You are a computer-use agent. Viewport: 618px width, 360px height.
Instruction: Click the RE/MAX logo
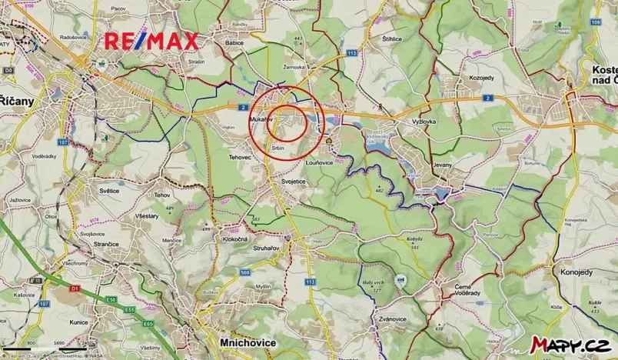(151, 42)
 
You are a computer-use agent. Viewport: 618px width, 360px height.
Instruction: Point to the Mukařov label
(263, 122)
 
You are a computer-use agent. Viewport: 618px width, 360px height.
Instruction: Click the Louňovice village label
(319, 162)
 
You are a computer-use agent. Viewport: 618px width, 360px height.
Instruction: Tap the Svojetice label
(286, 180)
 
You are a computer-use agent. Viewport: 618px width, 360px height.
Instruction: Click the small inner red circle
(286, 122)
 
